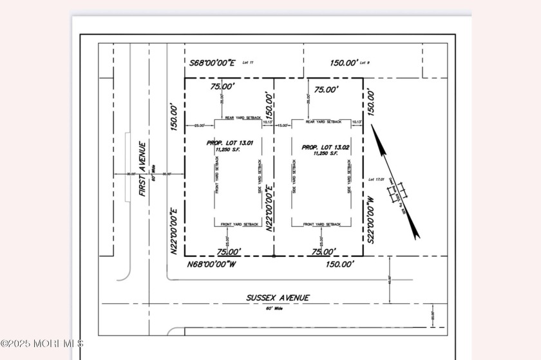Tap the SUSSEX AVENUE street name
point(278,298)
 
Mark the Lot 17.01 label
point(375,180)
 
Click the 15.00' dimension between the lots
point(282,126)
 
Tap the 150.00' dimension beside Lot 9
point(343,63)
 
